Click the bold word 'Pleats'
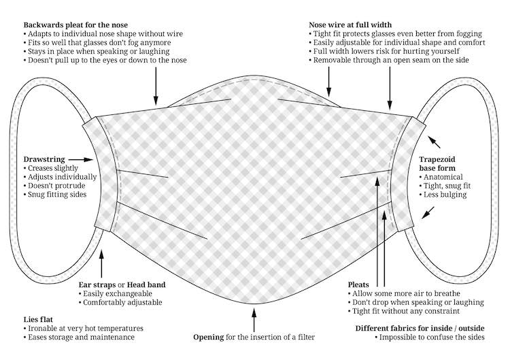tap(358, 283)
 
